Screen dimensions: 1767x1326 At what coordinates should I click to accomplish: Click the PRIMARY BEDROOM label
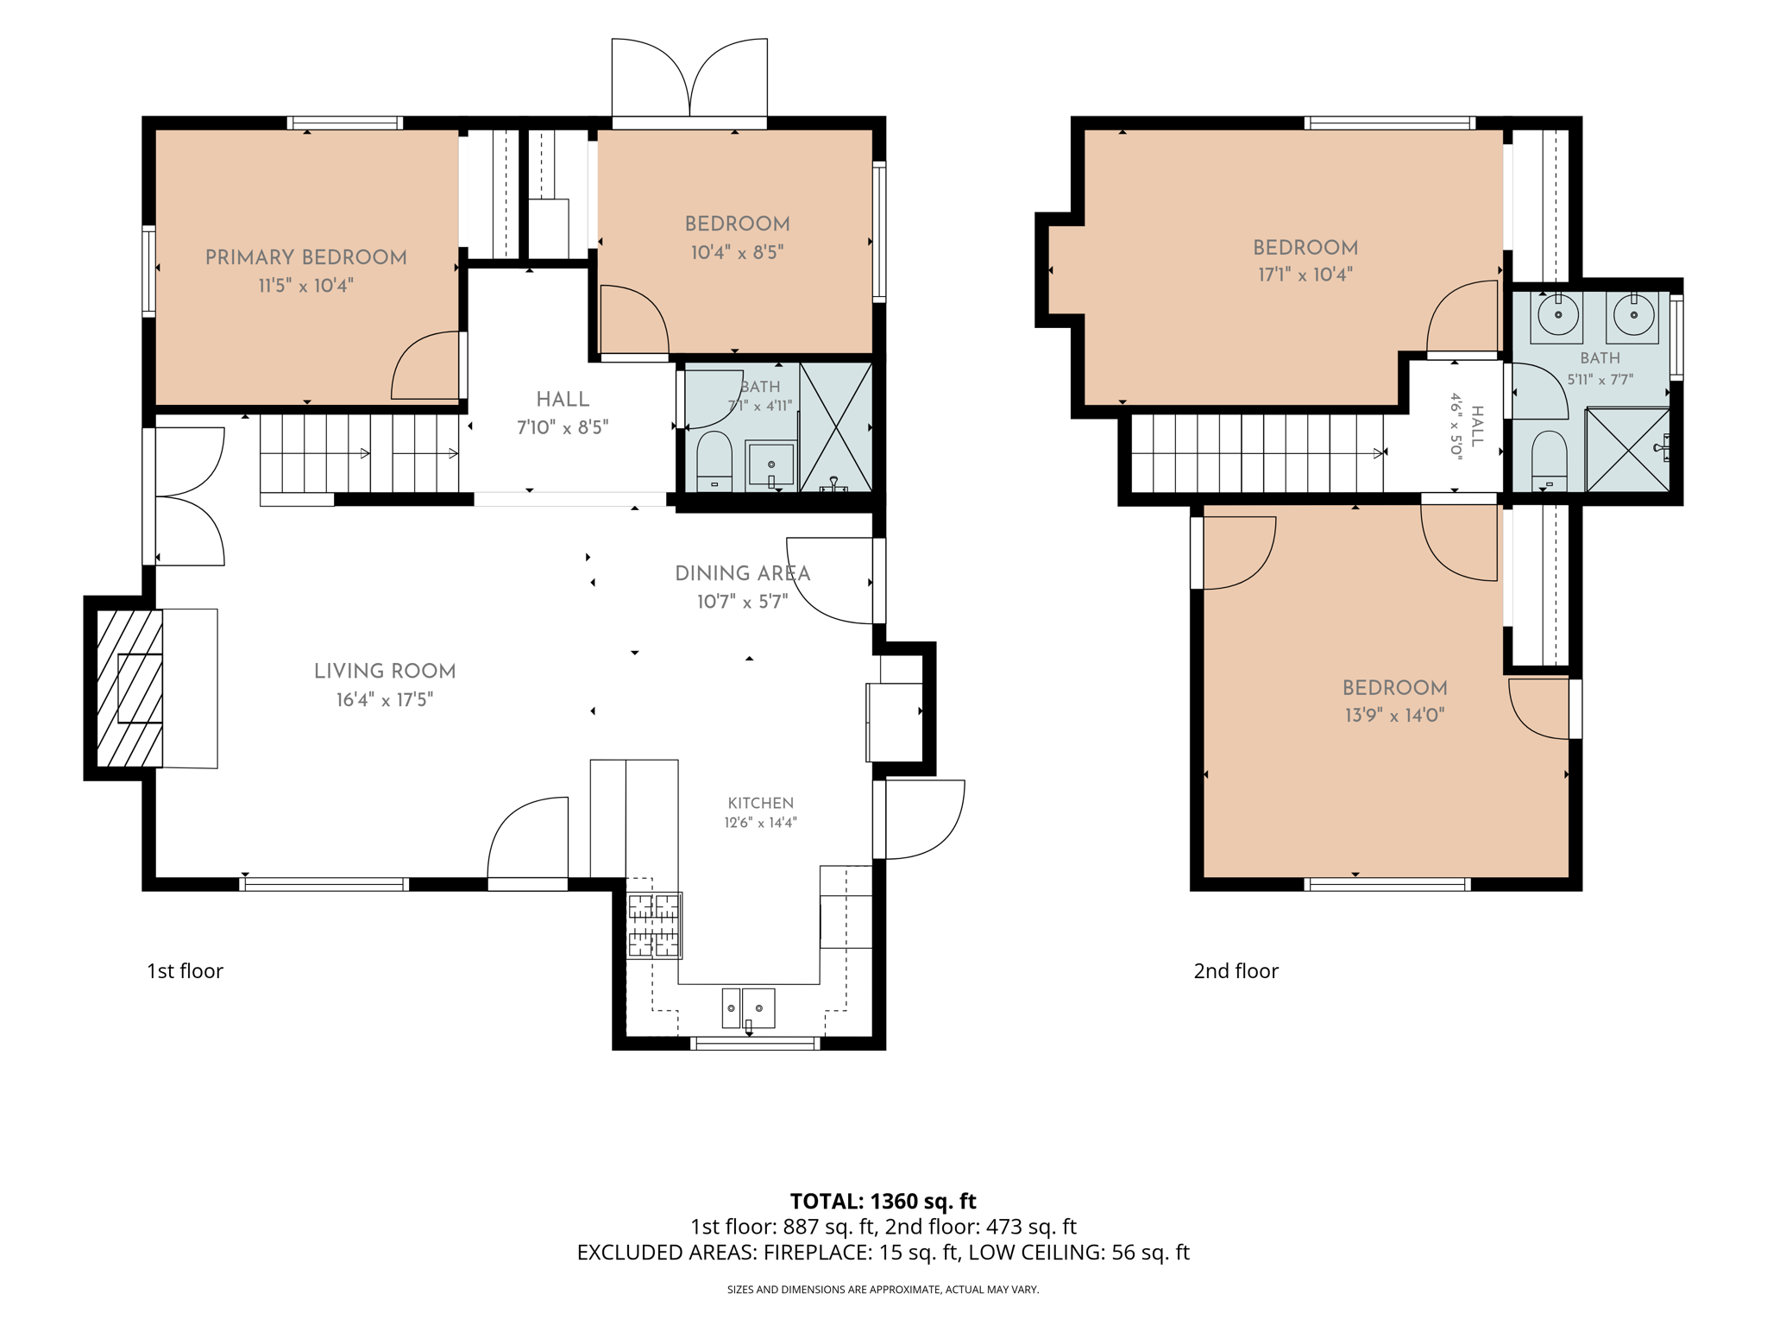point(305,257)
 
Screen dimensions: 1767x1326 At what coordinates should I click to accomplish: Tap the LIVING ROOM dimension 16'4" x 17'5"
point(385,699)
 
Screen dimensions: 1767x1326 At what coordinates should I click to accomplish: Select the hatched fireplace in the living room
point(129,688)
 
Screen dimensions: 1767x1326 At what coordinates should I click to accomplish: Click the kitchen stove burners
point(654,925)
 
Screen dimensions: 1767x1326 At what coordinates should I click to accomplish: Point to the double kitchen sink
point(748,1008)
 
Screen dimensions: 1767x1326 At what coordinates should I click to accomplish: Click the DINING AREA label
point(742,573)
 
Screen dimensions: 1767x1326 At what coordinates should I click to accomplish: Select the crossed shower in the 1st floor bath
point(836,427)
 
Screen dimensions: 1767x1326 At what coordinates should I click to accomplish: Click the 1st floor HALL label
point(563,399)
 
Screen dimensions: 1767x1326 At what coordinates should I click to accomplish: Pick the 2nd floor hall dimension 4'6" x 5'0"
point(1456,426)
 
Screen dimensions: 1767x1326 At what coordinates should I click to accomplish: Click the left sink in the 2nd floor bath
point(1558,315)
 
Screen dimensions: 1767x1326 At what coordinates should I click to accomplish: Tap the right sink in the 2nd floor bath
point(1633,315)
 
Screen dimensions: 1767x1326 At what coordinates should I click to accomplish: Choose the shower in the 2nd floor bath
point(1628,450)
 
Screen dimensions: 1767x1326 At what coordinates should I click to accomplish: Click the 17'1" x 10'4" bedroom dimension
point(1305,275)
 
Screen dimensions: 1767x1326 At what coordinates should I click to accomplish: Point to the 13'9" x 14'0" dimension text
point(1394,715)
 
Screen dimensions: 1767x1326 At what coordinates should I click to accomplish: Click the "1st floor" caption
point(185,971)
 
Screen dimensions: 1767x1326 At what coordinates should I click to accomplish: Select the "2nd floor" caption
point(1236,971)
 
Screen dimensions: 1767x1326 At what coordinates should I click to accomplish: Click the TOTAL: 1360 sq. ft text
point(883,1201)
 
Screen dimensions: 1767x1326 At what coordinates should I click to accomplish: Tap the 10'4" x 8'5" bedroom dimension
point(737,252)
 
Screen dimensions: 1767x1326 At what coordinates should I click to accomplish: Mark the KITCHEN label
point(760,803)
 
